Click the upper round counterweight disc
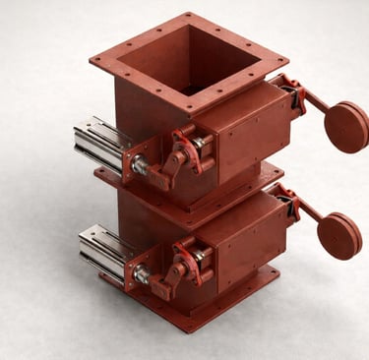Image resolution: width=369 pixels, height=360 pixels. [345, 127]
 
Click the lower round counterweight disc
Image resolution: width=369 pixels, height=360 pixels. [338, 236]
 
